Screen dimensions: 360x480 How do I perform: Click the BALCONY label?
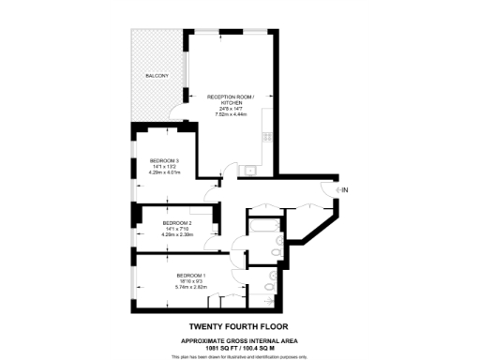pos(157,76)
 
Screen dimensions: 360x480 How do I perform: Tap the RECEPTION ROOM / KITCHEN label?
pos(230,97)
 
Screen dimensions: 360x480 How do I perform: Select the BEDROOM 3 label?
pos(164,161)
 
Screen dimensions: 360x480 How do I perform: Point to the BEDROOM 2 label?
pos(164,222)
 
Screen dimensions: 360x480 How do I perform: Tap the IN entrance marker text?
pos(345,191)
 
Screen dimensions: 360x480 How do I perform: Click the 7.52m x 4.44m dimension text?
pos(230,114)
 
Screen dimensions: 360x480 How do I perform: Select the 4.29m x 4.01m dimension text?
pos(164,172)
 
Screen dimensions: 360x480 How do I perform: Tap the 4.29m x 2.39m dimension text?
pos(164,233)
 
